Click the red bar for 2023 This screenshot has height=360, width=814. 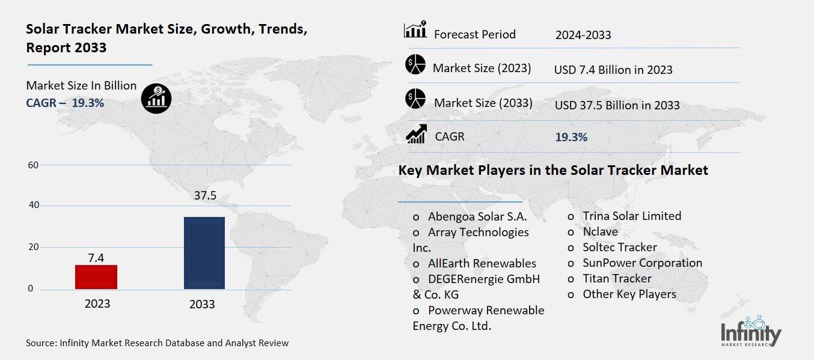[96, 276]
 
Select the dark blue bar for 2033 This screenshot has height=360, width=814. [204, 252]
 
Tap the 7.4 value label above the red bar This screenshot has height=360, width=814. [96, 258]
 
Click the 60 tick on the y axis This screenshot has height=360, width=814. [33, 165]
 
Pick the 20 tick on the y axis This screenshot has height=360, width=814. [33, 247]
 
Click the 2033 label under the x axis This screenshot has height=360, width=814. [202, 304]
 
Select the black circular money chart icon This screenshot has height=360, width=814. [156, 98]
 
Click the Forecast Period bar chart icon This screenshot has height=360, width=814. [415, 30]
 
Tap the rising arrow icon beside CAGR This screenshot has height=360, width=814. [416, 133]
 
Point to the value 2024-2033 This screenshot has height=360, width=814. [583, 35]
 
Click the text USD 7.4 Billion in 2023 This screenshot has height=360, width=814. [613, 70]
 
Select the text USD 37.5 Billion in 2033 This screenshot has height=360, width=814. [617, 105]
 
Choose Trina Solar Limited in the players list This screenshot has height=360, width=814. [631, 216]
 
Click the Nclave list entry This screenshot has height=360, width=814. [599, 231]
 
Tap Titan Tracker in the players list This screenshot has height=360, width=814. [616, 278]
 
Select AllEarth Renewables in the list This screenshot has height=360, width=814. [482, 263]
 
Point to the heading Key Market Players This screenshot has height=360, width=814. [553, 170]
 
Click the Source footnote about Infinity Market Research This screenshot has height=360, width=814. [157, 343]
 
